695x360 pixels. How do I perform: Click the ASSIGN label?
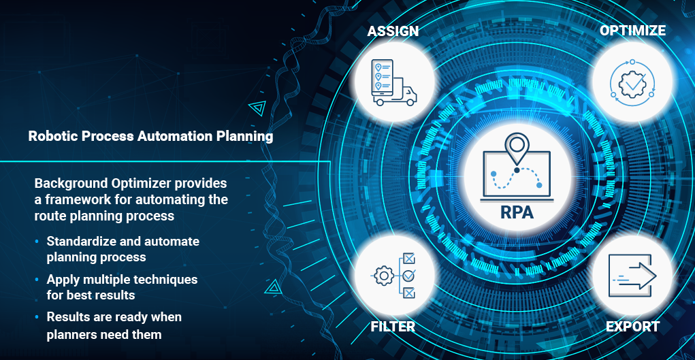393,31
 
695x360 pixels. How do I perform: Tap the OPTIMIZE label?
632,31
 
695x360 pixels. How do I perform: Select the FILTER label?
393,327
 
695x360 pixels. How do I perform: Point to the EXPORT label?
632,327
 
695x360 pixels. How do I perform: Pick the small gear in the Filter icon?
383,276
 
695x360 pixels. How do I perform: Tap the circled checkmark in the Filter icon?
409,276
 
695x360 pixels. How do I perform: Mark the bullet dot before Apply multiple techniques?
37,280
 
